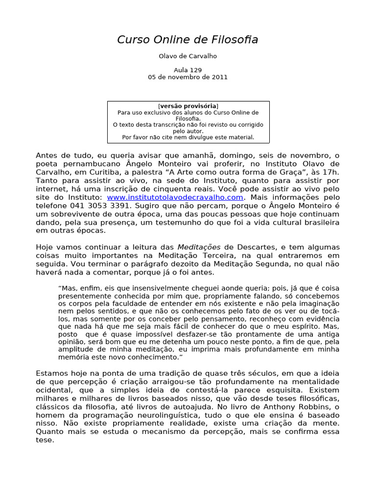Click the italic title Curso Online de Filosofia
(188, 40)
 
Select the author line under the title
(188, 56)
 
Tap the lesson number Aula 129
(188, 70)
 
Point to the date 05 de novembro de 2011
(188, 77)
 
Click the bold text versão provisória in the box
(188, 106)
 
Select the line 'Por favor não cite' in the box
(188, 137)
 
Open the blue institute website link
(175, 197)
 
